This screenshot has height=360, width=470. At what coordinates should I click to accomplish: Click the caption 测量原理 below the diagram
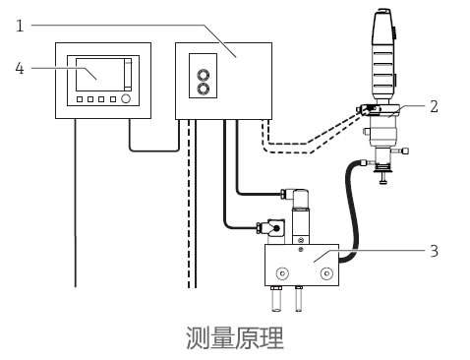click(235, 339)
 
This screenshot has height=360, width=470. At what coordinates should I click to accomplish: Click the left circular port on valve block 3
click(282, 272)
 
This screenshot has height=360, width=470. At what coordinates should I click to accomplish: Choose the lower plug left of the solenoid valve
click(264, 227)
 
